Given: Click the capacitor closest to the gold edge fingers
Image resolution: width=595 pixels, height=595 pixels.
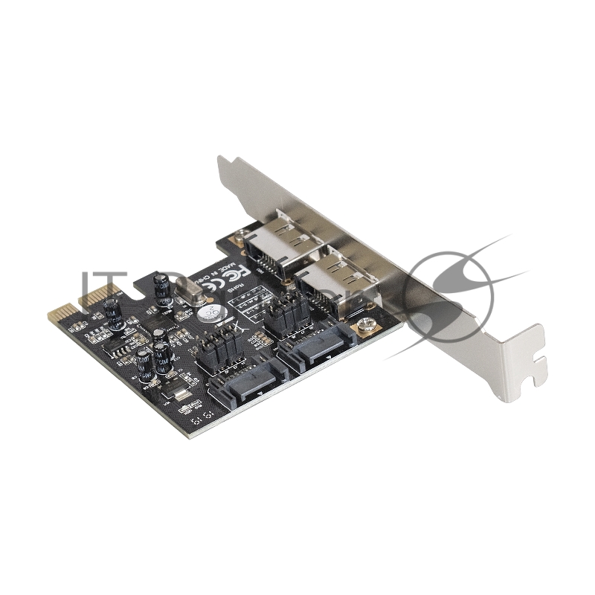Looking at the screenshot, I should (114, 313).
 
